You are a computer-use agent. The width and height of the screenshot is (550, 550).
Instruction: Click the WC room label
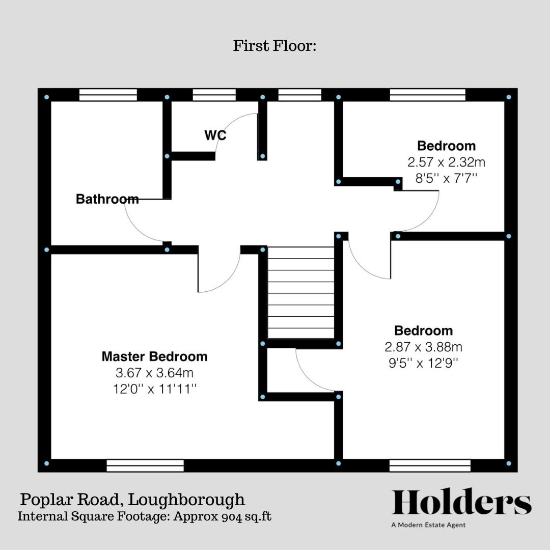[215, 135]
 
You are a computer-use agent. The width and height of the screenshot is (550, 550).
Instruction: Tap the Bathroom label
[107, 199]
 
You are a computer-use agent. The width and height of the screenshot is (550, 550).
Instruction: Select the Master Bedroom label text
[154, 356]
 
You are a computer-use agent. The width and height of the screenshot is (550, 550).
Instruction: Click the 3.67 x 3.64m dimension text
[154, 373]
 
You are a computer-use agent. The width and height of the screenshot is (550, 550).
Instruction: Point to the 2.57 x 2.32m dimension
[446, 162]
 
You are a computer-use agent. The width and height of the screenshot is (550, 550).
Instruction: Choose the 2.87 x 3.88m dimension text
[423, 347]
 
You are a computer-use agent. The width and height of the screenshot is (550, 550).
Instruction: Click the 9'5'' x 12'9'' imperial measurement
[423, 363]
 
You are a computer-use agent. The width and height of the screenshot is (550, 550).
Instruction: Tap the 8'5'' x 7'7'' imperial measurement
[446, 179]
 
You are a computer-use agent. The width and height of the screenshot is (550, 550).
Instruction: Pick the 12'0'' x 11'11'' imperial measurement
[154, 389]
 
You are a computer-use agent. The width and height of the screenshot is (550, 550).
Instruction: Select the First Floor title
[275, 46]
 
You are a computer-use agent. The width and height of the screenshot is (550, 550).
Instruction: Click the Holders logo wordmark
[461, 503]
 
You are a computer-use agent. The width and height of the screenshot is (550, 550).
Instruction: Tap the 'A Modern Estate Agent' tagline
[428, 525]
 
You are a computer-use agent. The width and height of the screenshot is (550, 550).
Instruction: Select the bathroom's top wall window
[108, 95]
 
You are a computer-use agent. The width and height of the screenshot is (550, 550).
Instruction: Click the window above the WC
[214, 95]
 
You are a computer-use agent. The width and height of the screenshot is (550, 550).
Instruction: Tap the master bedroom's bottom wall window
[145, 465]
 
